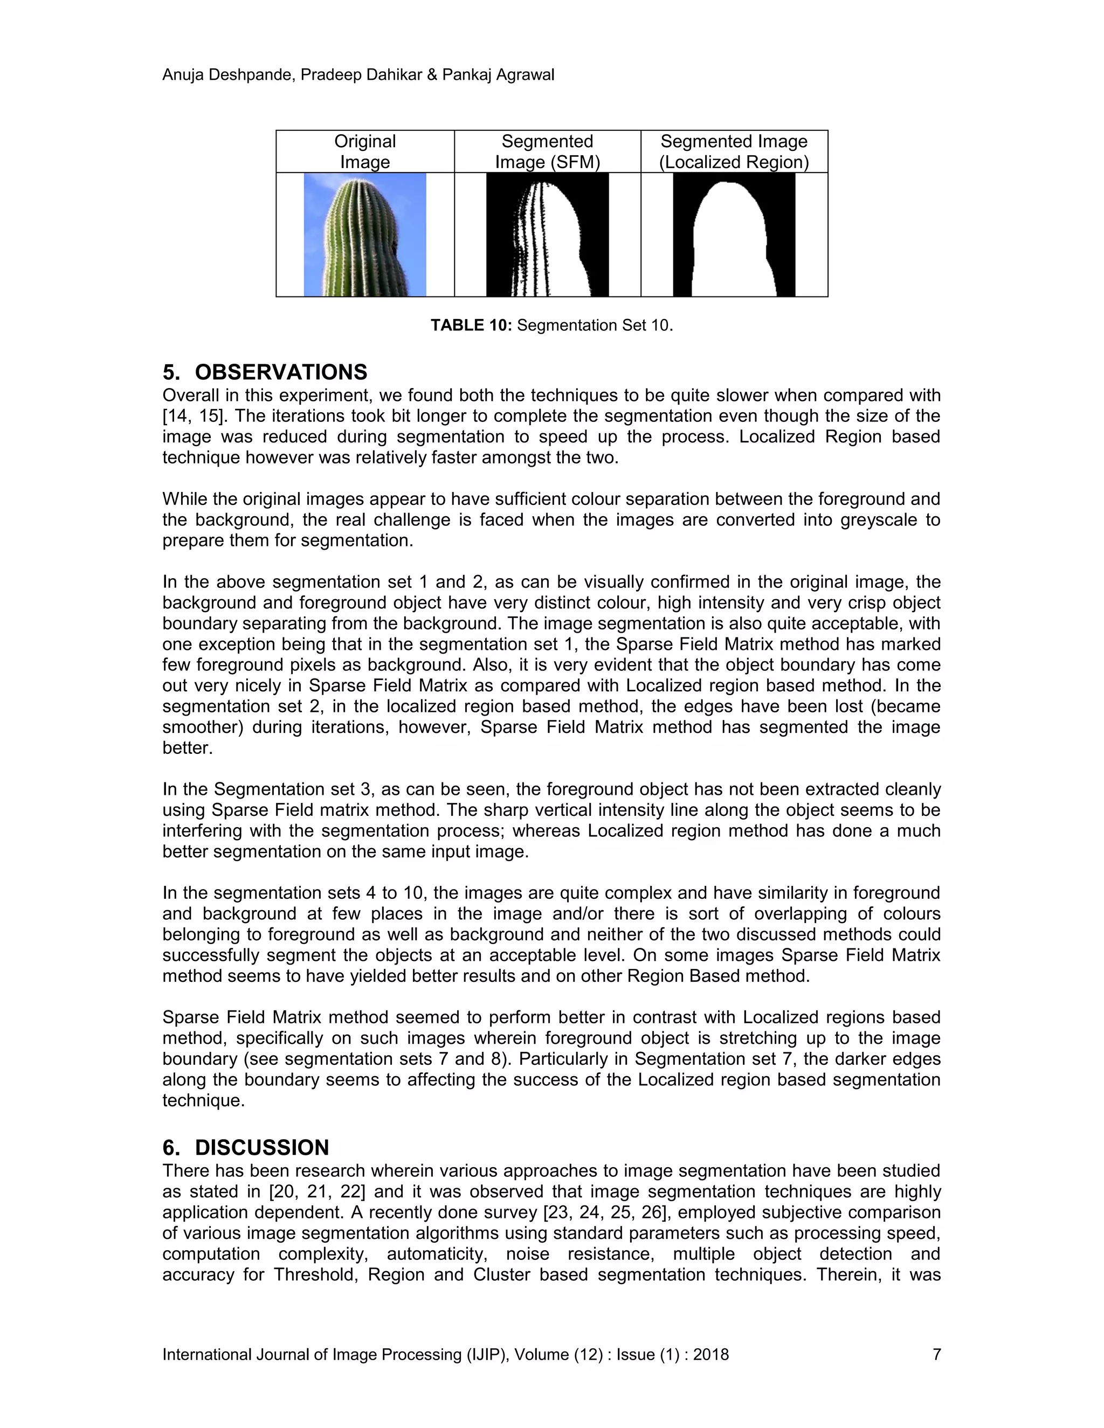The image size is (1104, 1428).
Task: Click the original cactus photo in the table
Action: [x=365, y=234]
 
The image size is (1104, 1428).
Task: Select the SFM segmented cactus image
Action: [x=548, y=234]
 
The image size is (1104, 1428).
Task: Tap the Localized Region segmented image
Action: [x=734, y=234]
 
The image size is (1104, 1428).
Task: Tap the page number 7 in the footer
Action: [x=936, y=1354]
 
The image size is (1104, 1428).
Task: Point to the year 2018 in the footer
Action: [x=711, y=1354]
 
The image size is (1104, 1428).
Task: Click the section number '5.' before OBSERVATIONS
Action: [x=171, y=372]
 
